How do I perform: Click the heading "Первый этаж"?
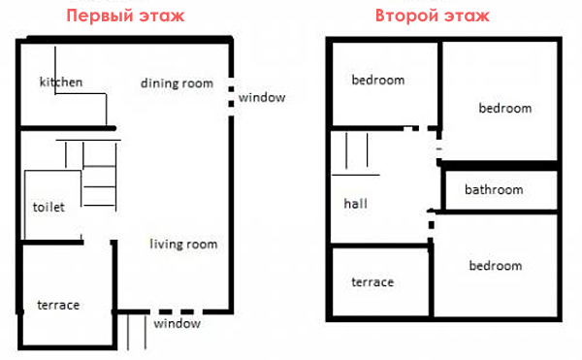coord(125,16)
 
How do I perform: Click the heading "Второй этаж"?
coord(433,16)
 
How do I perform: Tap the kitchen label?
coord(61,82)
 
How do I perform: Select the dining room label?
coord(178,83)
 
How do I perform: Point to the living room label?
coord(183,244)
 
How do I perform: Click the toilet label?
coord(48,207)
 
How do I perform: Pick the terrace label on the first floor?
coord(58,305)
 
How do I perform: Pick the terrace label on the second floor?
coord(372,282)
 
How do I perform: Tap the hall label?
coord(356,203)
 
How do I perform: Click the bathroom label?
coord(494,189)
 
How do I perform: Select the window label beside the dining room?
coord(262,98)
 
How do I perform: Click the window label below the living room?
coord(178,324)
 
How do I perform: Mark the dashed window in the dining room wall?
coord(231,96)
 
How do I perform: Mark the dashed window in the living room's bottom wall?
coord(177,311)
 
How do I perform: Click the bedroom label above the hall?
coord(378,80)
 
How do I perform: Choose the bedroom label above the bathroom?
coord(505,108)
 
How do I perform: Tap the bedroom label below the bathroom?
coord(496,265)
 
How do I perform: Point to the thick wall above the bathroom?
coord(499,166)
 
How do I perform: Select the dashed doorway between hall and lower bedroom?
coord(431,226)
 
